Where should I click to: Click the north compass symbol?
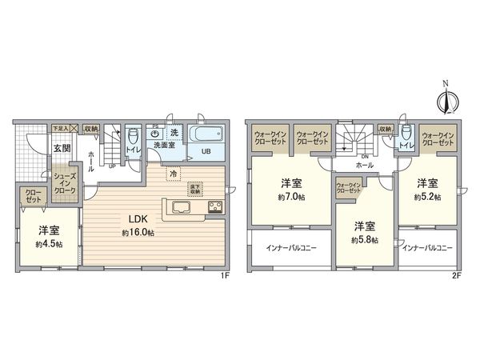[x=446, y=102]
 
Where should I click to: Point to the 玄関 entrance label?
[x=62, y=148]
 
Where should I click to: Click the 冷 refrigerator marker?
[x=172, y=172]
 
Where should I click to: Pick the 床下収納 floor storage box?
[x=195, y=189]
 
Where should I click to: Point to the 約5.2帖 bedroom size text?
[x=426, y=197]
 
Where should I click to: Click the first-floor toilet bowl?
[x=133, y=137]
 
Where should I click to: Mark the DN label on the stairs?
[x=364, y=157]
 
